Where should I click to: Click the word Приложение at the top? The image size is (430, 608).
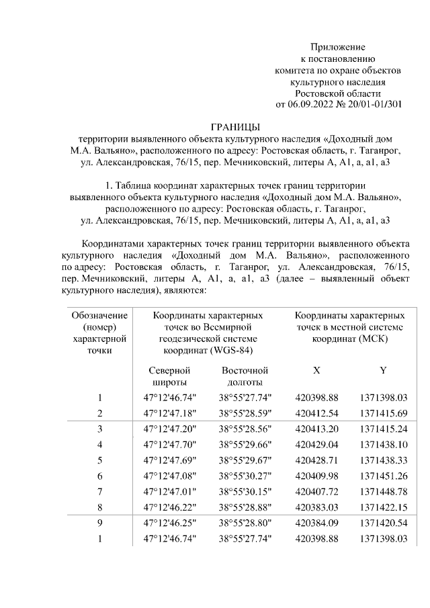(x=337, y=47)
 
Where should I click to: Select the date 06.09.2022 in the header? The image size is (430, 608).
(x=311, y=104)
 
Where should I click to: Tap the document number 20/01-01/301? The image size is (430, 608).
(x=374, y=104)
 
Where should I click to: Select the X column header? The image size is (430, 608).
(x=316, y=370)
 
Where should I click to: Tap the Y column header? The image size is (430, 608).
(x=383, y=370)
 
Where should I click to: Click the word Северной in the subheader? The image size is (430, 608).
(x=169, y=370)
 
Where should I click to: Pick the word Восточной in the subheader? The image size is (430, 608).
(x=245, y=370)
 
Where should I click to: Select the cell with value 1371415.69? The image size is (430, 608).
(x=384, y=412)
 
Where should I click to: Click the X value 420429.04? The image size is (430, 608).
(x=316, y=444)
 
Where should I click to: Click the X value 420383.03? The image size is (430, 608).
(x=316, y=508)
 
